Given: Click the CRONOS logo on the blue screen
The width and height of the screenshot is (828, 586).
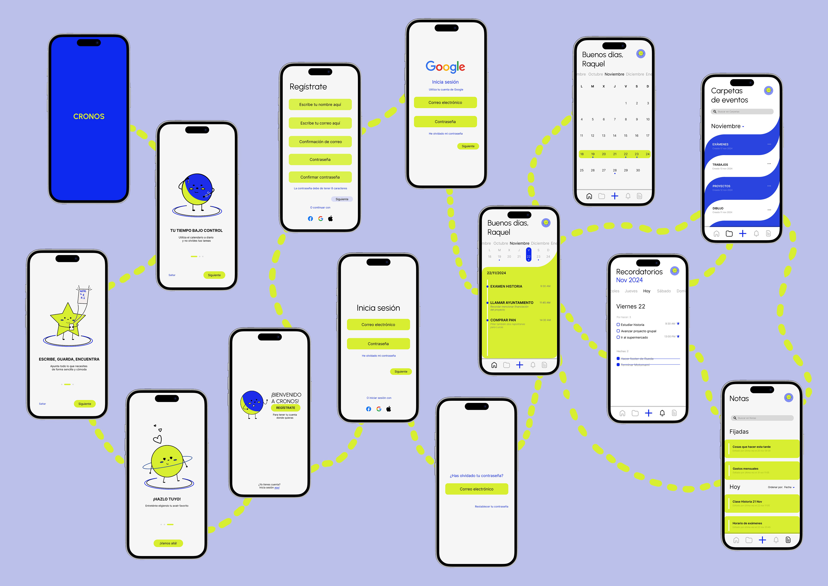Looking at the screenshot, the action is point(89,116).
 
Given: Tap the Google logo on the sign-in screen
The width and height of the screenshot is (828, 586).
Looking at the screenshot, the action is point(445,66).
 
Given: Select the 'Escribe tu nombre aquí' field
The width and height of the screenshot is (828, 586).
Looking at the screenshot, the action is point(320,104).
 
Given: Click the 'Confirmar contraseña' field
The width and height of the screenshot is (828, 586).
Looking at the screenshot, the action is point(320,177).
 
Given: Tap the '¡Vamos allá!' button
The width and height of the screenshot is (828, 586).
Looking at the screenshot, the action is point(168,543).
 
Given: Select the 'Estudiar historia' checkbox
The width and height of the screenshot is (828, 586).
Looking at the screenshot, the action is point(618,325).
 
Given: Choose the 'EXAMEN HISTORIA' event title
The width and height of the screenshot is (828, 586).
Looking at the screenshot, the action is point(506,286).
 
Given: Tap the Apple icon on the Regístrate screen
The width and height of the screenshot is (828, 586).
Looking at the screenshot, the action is point(330,218).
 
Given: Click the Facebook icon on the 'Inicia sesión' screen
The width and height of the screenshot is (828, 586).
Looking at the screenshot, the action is point(368,409).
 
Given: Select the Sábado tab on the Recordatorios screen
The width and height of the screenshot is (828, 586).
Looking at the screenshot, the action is point(663,291).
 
